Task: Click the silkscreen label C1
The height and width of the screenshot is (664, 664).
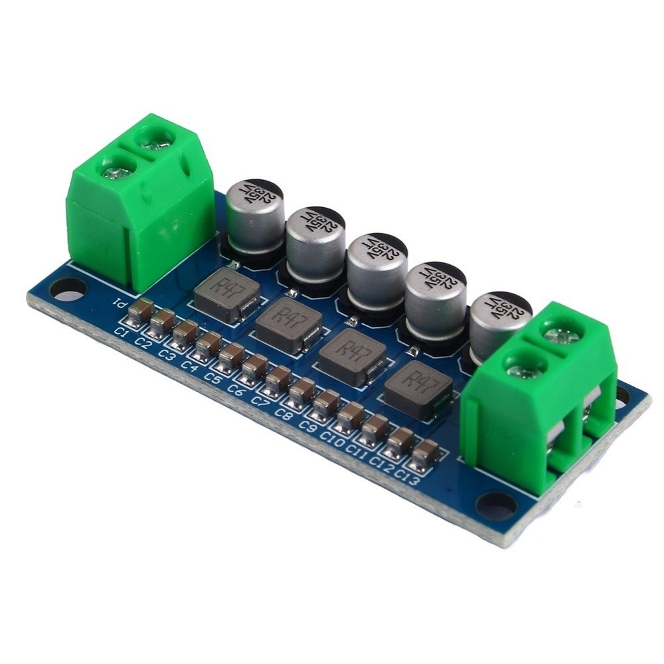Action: pos(122,331)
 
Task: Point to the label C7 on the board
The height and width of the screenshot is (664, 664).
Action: pos(260,401)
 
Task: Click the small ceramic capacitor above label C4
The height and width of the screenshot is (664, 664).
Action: pos(208,345)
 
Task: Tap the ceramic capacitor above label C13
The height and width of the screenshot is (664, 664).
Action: pos(424,456)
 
